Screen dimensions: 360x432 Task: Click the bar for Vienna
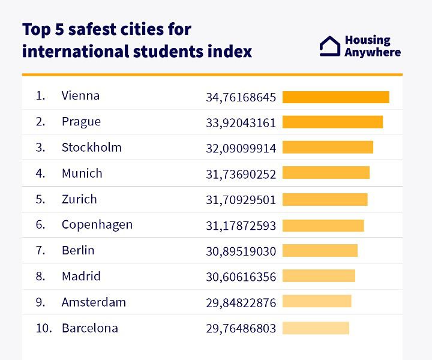pyautogui.click(x=335, y=97)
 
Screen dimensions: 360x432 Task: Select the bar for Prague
pyautogui.click(x=332, y=122)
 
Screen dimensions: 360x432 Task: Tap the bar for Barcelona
pyautogui.click(x=316, y=328)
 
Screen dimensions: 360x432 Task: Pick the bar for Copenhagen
pyautogui.click(x=323, y=225)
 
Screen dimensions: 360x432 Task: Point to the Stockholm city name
pyautogui.click(x=91, y=148)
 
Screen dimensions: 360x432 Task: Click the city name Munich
pyautogui.click(x=82, y=173)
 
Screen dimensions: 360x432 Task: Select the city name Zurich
pyautogui.click(x=79, y=199)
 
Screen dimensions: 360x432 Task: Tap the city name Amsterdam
pyautogui.click(x=94, y=302)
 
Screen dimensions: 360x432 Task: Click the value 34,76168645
pyautogui.click(x=241, y=97)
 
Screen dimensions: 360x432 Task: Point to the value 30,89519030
pyautogui.click(x=241, y=251)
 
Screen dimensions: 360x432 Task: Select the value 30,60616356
pyautogui.click(x=241, y=277)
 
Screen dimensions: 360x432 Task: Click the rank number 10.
pyautogui.click(x=44, y=328)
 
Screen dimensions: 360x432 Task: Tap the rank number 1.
pyautogui.click(x=40, y=96)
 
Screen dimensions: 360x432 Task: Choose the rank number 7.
pyautogui.click(x=40, y=251)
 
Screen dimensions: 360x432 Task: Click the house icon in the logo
pyautogui.click(x=329, y=46)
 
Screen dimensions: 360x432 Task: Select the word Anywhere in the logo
pyautogui.click(x=373, y=52)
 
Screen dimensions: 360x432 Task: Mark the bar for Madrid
pyautogui.click(x=319, y=276)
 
